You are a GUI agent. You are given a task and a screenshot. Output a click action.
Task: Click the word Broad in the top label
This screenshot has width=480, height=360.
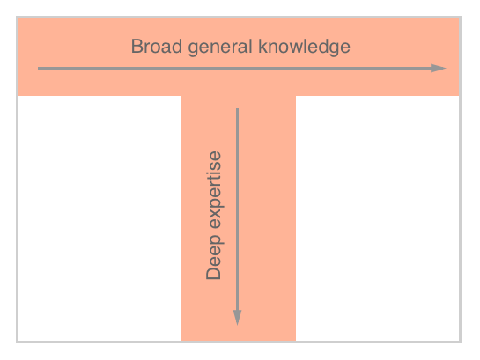click(157, 47)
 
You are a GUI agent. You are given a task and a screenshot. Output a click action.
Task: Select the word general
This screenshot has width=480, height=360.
click(220, 48)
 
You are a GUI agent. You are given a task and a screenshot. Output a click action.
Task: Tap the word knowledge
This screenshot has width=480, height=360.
click(304, 48)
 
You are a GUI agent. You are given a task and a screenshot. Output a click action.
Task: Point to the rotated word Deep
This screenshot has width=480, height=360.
click(214, 257)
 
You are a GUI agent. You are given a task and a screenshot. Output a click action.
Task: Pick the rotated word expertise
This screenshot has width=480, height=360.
click(214, 190)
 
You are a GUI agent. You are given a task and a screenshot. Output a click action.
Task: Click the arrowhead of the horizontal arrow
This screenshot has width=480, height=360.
click(439, 68)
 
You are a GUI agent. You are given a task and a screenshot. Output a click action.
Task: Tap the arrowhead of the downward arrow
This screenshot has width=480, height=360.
click(237, 318)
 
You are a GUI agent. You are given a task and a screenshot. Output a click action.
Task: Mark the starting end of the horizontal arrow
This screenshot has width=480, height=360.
click(38, 68)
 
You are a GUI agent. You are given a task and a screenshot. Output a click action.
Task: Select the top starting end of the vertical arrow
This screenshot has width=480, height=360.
click(237, 108)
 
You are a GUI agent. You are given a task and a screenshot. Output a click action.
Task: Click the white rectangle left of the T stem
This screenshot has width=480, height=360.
click(100, 218)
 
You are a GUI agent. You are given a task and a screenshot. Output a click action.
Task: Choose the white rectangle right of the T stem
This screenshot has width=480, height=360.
click(378, 218)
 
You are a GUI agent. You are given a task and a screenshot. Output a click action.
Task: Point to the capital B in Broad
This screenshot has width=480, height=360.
click(137, 47)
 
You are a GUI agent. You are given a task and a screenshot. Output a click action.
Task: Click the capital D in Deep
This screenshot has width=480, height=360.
click(213, 273)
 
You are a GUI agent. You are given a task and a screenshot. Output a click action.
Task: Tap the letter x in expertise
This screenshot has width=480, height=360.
click(215, 222)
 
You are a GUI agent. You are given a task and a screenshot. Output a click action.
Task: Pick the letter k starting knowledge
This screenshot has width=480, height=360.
click(262, 47)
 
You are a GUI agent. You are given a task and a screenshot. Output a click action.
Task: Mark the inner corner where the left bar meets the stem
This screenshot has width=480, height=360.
click(181, 96)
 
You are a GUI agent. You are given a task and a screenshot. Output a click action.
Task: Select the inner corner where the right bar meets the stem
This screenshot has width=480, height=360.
click(296, 96)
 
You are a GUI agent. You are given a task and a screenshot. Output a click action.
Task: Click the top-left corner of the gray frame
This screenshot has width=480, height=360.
click(17, 17)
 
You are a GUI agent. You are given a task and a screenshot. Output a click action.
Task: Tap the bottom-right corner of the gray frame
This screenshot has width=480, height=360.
click(461, 342)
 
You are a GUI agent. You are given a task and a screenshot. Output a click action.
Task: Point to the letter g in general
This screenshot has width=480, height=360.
click(193, 50)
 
